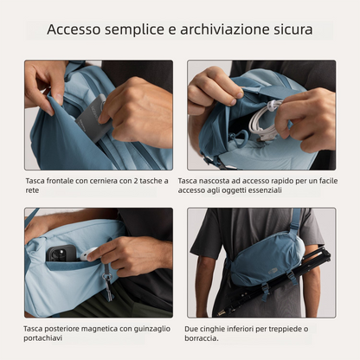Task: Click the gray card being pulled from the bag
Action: tap(93, 121)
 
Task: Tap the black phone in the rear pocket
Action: tap(59, 255)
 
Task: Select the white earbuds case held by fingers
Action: tap(89, 253)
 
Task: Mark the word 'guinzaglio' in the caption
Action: tap(144, 329)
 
